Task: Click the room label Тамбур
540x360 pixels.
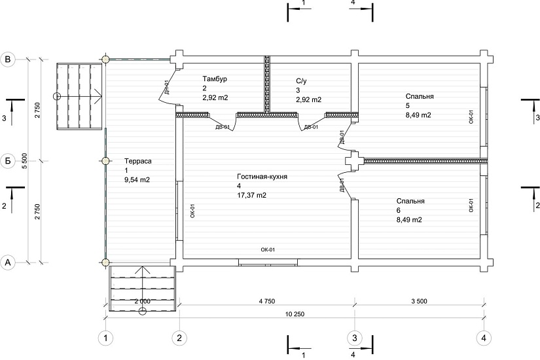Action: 215,79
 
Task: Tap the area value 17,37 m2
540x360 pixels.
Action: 251,195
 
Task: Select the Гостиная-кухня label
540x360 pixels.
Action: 262,177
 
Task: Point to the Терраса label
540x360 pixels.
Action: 137,161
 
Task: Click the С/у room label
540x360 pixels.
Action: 301,81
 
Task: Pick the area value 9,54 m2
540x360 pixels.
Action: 137,179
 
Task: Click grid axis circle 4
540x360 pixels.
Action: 484,338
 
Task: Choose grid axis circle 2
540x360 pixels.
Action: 179,338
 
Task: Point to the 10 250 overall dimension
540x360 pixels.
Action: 295,314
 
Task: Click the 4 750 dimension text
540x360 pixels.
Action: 267,301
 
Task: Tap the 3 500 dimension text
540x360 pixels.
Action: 419,301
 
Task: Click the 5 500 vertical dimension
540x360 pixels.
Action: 24,161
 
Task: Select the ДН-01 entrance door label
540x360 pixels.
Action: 166,87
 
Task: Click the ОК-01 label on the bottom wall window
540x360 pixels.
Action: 268,250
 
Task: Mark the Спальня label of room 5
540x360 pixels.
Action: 420,96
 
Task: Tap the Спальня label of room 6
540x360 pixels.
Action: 410,201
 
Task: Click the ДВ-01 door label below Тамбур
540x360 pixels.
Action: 223,127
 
